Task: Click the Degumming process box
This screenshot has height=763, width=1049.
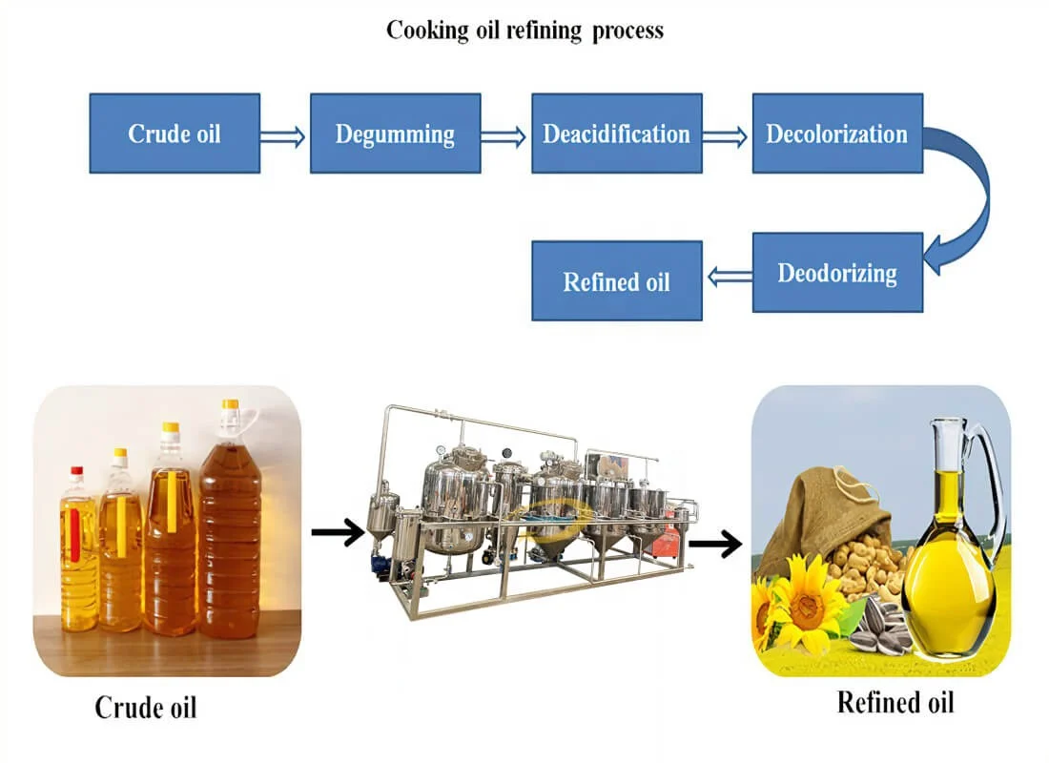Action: [395, 134]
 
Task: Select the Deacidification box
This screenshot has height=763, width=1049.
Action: [616, 134]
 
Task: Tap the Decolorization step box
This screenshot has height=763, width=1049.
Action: [837, 134]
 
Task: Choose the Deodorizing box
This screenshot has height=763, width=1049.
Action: [837, 273]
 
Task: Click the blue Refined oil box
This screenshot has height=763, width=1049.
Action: [616, 280]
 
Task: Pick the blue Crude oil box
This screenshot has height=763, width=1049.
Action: [175, 134]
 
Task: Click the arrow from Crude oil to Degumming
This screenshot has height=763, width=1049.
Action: [284, 137]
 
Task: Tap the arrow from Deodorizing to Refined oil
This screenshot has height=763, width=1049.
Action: [727, 277]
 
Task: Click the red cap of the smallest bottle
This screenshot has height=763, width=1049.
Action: [76, 472]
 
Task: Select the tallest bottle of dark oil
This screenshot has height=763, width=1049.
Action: [229, 534]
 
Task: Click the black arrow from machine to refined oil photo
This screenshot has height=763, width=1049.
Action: [715, 545]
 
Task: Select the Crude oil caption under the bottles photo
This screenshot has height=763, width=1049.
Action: [146, 708]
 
